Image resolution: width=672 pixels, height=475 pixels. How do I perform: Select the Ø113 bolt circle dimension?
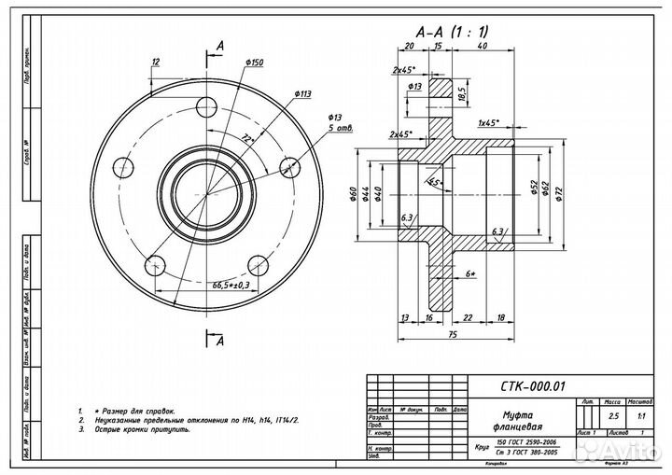tap(301, 93)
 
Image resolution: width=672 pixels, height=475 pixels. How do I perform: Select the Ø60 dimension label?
tap(354, 193)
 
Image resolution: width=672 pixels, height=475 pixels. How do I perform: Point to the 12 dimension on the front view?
tap(156, 62)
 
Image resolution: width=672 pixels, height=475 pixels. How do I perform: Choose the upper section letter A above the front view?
tap(220, 46)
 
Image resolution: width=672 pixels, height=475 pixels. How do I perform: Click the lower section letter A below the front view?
tap(220, 342)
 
